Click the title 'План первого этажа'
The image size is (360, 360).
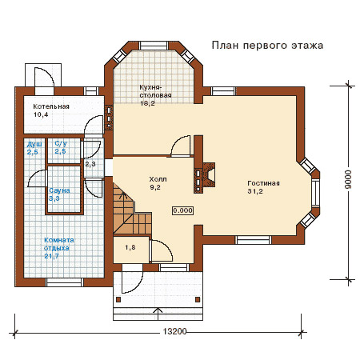(267, 46)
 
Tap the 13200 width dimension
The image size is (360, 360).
(174, 331)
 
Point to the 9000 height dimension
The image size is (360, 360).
(348, 179)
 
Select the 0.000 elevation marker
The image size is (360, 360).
(182, 210)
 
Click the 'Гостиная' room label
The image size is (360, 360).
(263, 183)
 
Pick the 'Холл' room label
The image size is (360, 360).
(158, 179)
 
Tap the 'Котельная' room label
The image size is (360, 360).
(51, 106)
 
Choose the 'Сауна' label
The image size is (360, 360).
(59, 190)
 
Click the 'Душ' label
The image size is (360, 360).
(34, 145)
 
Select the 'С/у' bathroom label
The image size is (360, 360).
(61, 143)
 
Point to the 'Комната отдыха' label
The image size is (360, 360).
(59, 244)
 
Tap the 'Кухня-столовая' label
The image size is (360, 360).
(155, 91)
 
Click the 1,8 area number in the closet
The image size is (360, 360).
(130, 247)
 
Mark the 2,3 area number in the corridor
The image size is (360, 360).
(90, 164)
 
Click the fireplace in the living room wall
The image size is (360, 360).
(208, 175)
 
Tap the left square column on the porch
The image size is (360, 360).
(118, 300)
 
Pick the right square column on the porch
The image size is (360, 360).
(198, 300)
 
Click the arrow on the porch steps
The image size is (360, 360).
(158, 314)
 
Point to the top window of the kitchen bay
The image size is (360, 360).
(154, 46)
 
